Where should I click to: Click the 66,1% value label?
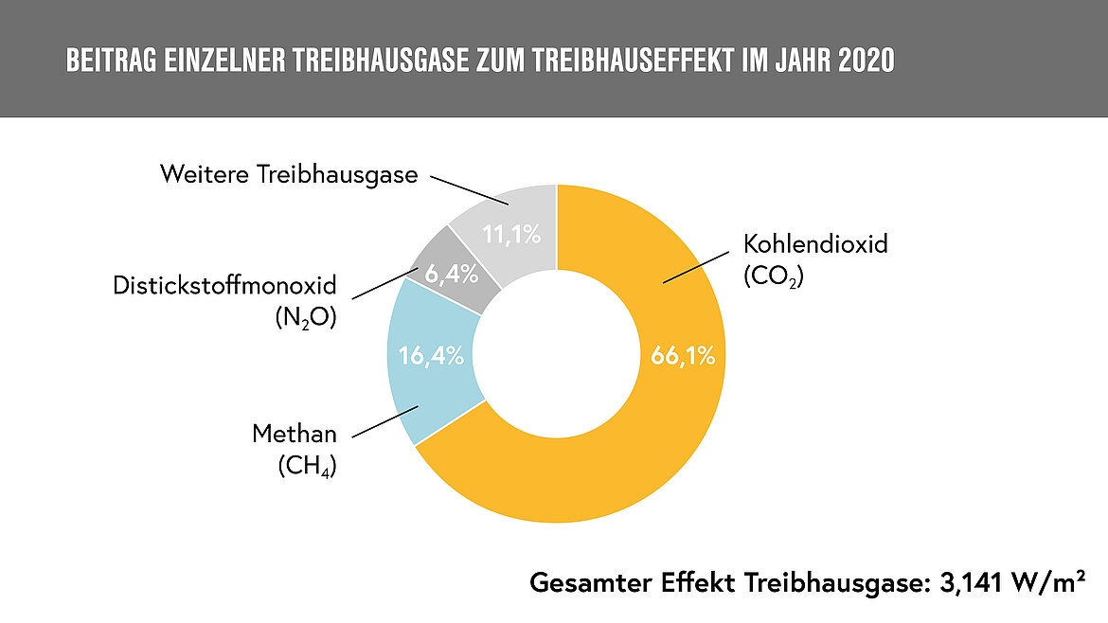coord(682,357)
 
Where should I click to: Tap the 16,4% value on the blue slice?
coord(431,356)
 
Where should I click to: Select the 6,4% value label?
coord(450,276)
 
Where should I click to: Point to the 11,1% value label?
coord(512,232)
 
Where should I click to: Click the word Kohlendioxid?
coord(815,244)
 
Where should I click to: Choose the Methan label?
coord(295,435)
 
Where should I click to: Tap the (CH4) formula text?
coord(308,466)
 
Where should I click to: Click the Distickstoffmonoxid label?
coord(224,285)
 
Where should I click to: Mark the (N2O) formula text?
coord(303,317)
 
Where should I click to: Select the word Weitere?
coord(198,175)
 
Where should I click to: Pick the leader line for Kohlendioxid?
coord(700,267)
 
